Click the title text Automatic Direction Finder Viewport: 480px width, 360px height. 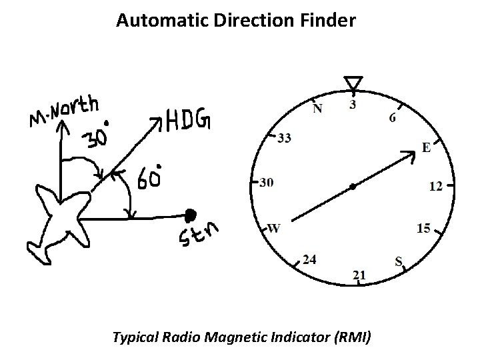(236, 21)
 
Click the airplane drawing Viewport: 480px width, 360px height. (58, 222)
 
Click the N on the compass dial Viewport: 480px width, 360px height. (317, 109)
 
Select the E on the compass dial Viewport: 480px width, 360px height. (426, 148)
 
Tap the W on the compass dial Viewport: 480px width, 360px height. (274, 228)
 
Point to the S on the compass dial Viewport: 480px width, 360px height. (399, 261)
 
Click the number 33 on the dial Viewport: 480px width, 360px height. (284, 139)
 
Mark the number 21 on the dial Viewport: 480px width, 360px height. (359, 275)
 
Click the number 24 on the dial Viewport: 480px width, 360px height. (309, 259)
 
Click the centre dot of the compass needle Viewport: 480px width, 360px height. (353, 187)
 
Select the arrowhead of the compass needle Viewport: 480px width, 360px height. (409, 155)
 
